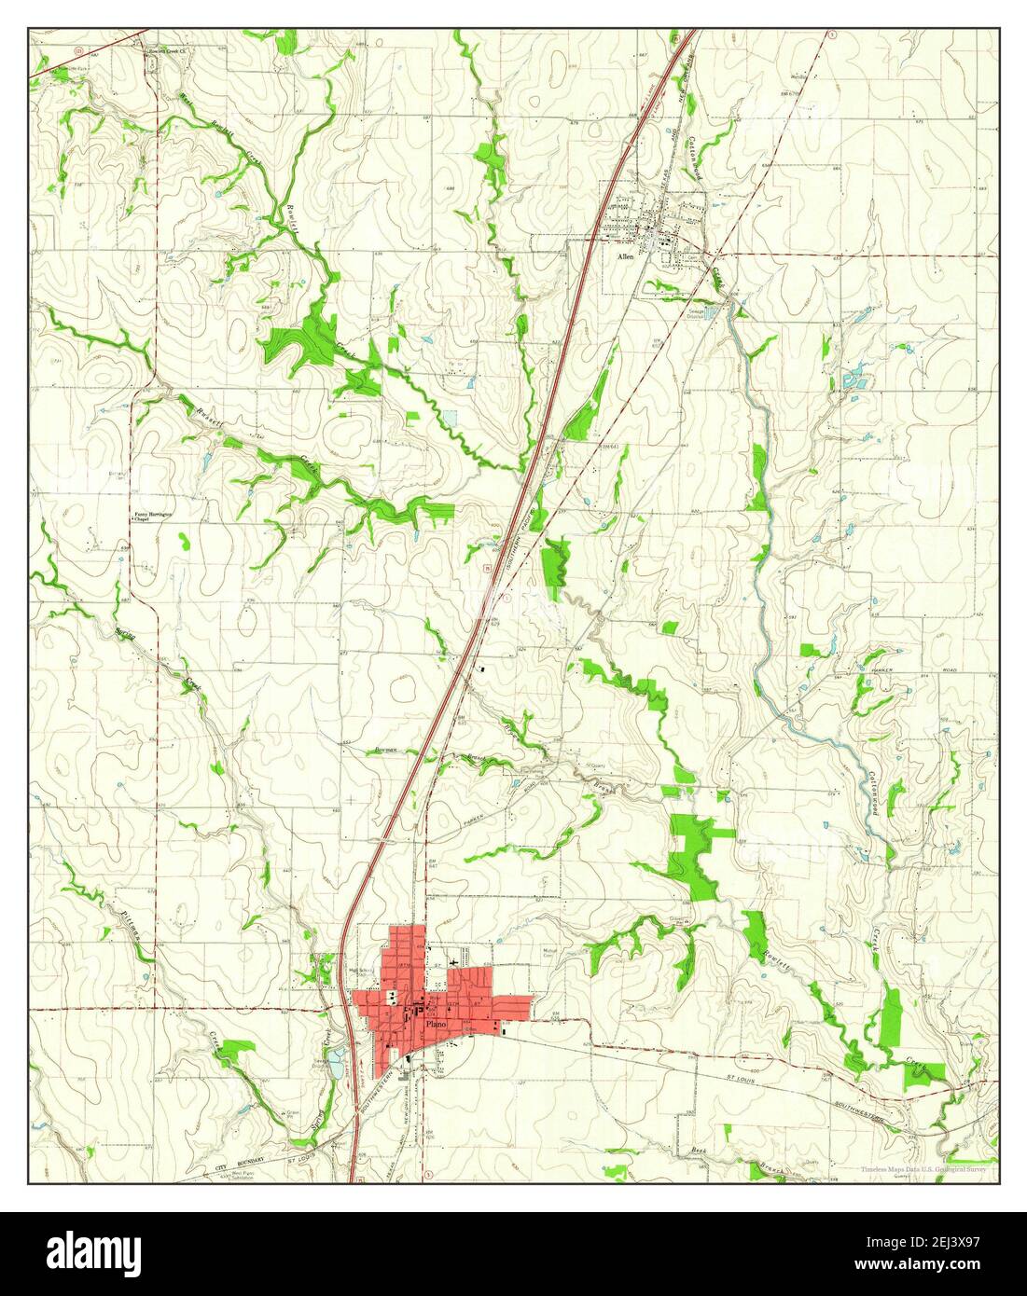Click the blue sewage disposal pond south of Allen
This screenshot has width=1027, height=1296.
711,313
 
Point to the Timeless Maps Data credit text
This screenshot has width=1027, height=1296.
927,1168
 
